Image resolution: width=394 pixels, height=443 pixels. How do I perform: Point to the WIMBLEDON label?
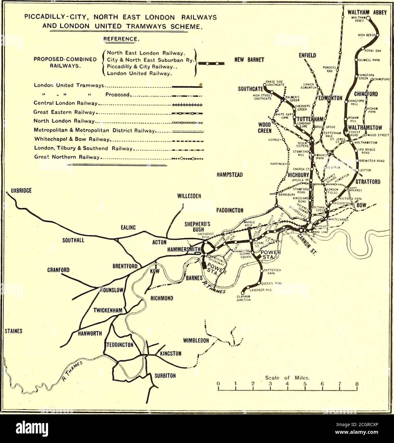[x=196, y=341]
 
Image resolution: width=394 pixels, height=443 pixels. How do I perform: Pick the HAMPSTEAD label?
[x=230, y=175]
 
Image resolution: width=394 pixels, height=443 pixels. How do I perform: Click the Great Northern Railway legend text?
[x=67, y=157]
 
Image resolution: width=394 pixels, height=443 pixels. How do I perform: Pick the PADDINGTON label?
[x=230, y=210]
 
